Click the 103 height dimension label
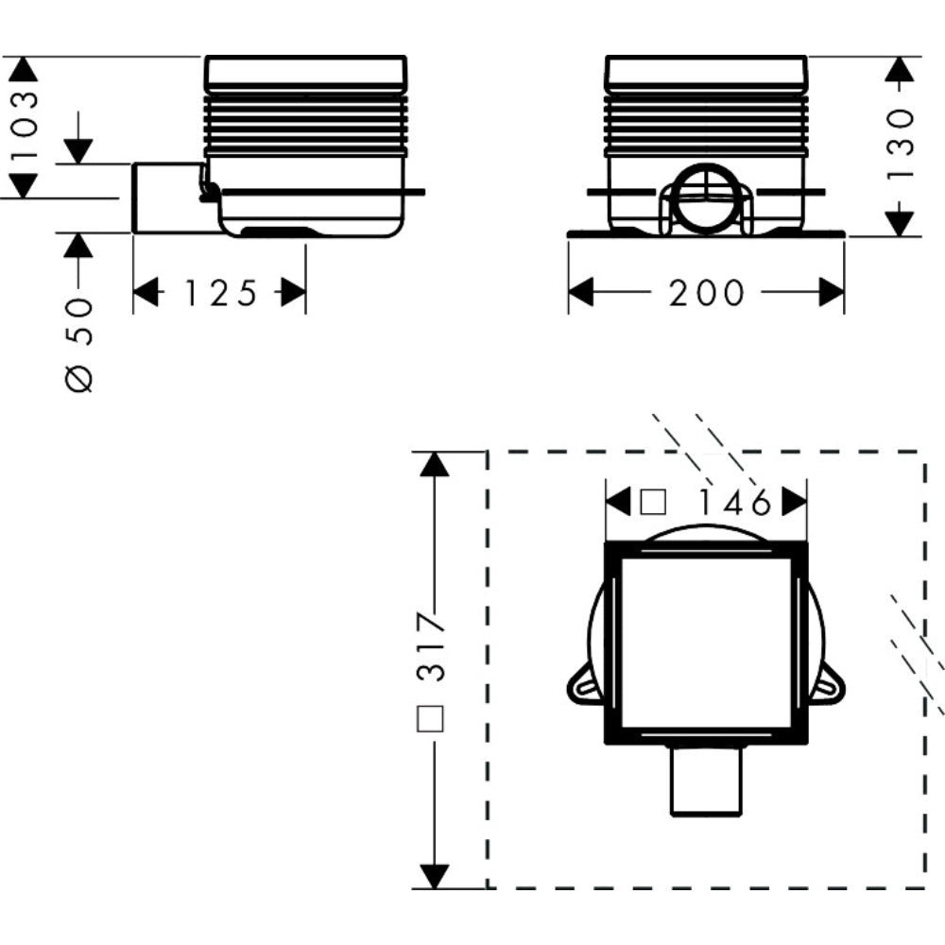[x=26, y=125]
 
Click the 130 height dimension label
[x=900, y=144]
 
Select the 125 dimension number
[x=220, y=294]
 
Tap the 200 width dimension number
[x=706, y=294]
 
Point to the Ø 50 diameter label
[x=79, y=345]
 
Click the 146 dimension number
[x=734, y=502]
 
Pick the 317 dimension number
[x=432, y=646]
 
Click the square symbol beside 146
[x=653, y=502]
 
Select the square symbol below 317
[x=430, y=718]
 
